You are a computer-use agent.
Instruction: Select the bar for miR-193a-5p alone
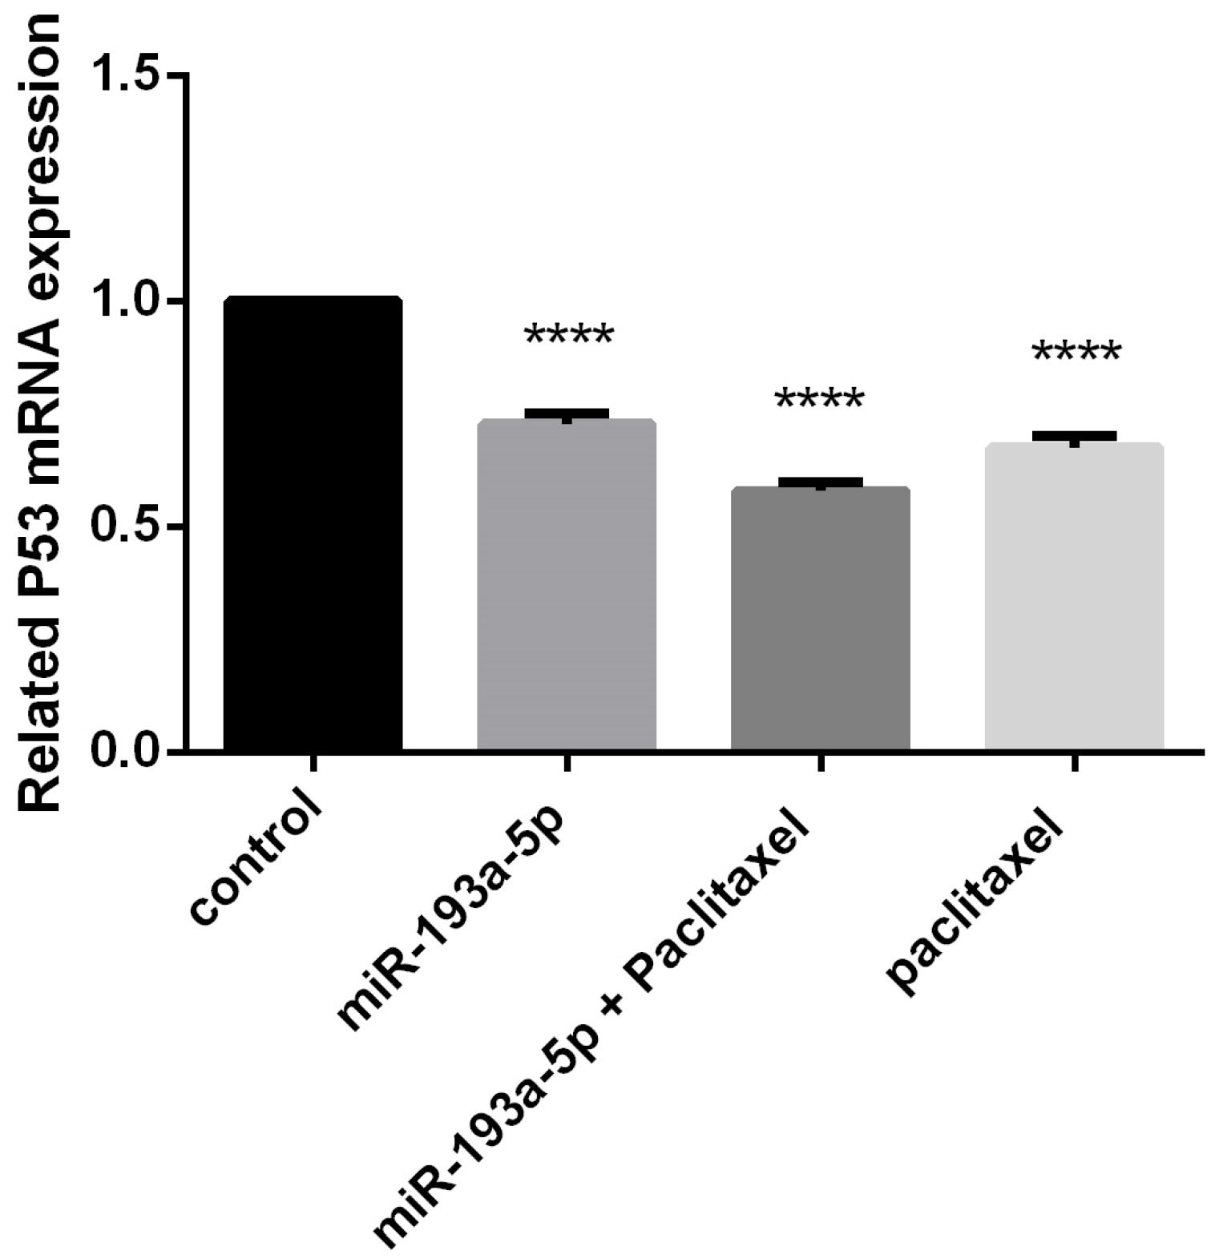[567, 585]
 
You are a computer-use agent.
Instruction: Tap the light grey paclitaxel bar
[1073, 597]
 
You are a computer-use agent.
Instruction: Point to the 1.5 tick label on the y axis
[128, 75]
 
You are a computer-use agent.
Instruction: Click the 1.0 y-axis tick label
[128, 301]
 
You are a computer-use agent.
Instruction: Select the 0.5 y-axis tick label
[128, 527]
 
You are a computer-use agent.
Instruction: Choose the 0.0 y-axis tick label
[128, 752]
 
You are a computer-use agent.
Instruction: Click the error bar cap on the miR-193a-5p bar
[567, 413]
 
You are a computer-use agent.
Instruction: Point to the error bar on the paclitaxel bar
[1074, 436]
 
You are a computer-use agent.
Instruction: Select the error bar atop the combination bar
[820, 482]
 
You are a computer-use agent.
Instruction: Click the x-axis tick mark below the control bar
[313, 761]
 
